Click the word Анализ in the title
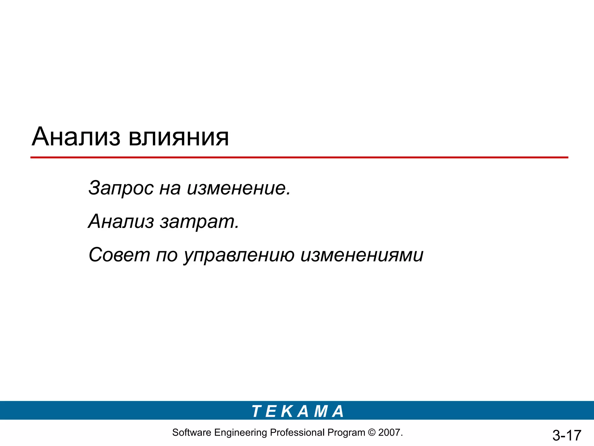click(x=76, y=137)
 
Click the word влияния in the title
click(x=178, y=137)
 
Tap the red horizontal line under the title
click(x=299, y=157)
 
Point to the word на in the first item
click(x=170, y=188)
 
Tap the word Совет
click(x=119, y=255)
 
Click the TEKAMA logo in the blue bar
click(x=298, y=411)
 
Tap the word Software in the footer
click(x=191, y=433)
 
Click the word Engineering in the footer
click(x=240, y=433)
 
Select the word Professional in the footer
click(x=297, y=433)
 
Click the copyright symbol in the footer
click(x=372, y=433)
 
